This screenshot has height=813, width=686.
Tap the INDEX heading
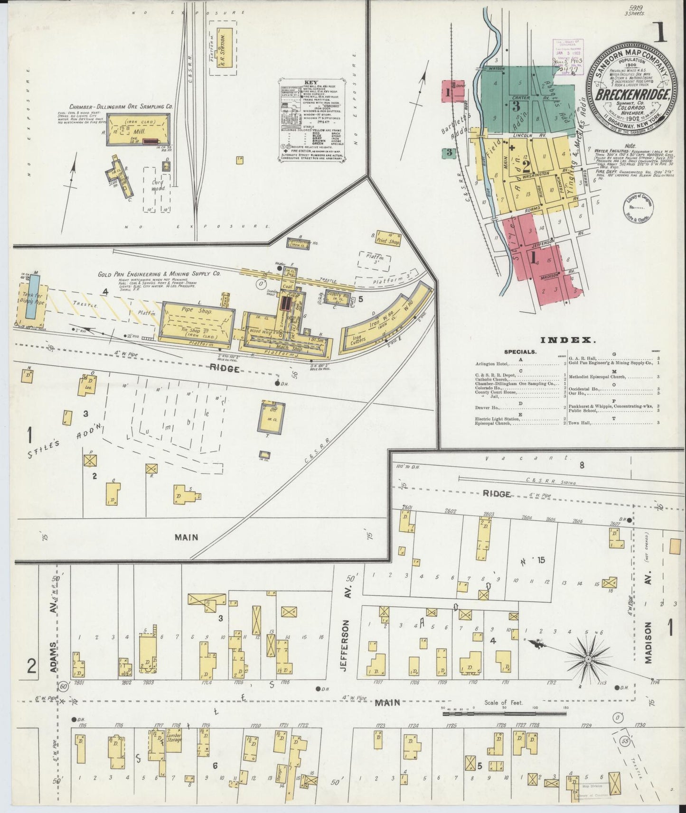tap(567, 340)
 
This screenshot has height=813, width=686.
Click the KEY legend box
tap(311, 121)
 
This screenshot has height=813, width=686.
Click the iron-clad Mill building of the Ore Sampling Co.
tap(138, 129)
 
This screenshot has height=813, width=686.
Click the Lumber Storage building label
tap(174, 750)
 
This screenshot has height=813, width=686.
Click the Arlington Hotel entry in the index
tap(491, 364)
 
